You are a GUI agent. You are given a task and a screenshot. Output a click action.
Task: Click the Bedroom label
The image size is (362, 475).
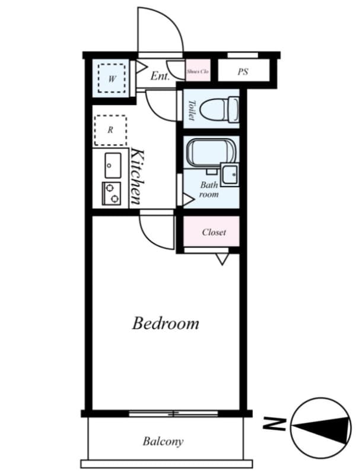165,324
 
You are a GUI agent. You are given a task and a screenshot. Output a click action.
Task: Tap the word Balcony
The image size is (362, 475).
163,442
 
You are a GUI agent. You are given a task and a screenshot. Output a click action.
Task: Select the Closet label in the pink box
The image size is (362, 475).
213,232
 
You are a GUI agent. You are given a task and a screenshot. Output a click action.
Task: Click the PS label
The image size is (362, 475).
243,72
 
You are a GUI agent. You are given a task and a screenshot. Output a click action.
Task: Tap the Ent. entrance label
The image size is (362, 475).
160,75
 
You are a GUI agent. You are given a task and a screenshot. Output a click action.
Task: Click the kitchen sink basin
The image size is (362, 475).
112,165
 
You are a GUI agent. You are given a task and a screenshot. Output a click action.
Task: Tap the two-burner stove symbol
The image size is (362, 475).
111,193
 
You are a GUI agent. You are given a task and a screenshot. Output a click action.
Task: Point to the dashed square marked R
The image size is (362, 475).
110,130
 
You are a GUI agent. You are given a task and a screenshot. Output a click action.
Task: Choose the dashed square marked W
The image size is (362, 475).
111,78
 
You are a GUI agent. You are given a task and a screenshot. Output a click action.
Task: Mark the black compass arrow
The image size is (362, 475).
323,427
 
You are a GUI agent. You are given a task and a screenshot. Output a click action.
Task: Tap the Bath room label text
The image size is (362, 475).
208,189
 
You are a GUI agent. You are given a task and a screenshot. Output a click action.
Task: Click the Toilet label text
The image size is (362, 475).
191,110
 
